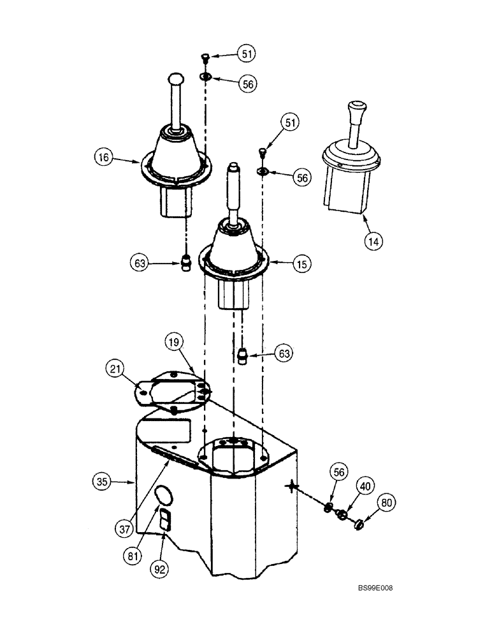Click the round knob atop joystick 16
tap(175, 79)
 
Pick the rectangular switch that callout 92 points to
tap(164, 521)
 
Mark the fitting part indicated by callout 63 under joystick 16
tap(186, 262)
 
